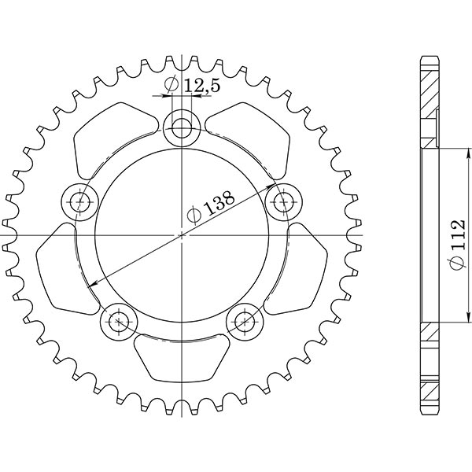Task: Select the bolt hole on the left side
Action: click(80, 201)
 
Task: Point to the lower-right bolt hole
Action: click(244, 320)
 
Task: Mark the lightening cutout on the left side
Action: click(63, 267)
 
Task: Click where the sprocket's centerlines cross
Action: click(183, 235)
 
